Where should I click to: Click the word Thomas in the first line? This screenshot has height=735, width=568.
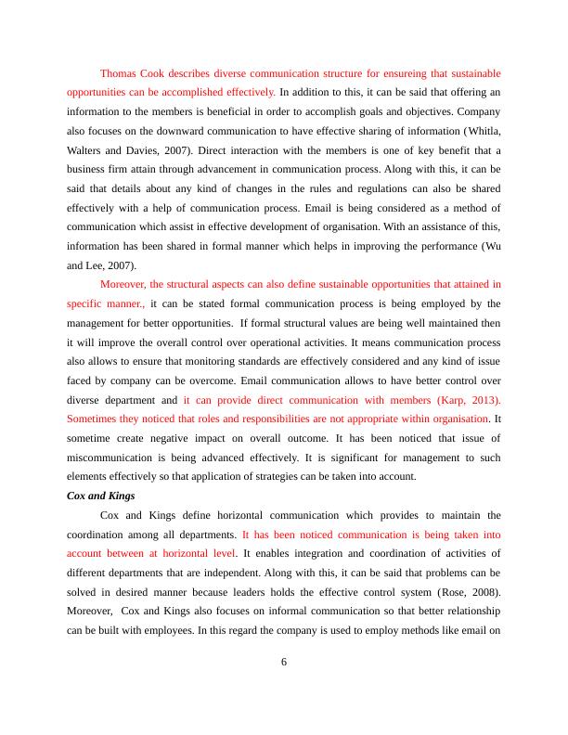click(x=118, y=72)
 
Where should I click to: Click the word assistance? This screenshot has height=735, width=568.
click(x=447, y=228)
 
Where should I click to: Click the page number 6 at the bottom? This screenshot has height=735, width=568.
click(x=284, y=662)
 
